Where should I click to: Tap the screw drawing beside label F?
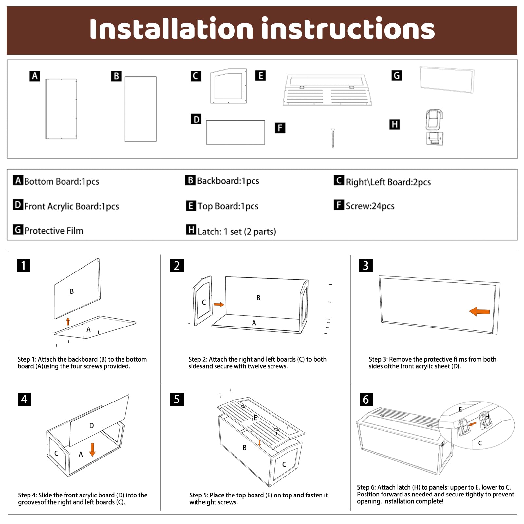pyautogui.click(x=333, y=138)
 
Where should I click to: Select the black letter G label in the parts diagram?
pyautogui.click(x=397, y=76)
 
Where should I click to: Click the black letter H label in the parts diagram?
pyautogui.click(x=395, y=124)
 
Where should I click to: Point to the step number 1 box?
pyautogui.click(x=24, y=266)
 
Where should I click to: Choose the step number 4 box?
pyautogui.click(x=24, y=399)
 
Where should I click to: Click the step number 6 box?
pyautogui.click(x=366, y=400)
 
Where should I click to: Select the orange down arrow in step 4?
pyautogui.click(x=92, y=450)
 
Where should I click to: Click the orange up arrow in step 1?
pyautogui.click(x=68, y=321)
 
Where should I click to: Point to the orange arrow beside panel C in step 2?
pyautogui.click(x=219, y=305)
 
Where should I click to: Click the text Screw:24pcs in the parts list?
pyautogui.click(x=370, y=206)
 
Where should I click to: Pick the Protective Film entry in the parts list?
pyautogui.click(x=54, y=231)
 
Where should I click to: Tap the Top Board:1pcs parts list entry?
pyautogui.click(x=228, y=206)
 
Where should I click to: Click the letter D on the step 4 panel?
pyautogui.click(x=92, y=426)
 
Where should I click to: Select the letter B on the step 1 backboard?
pyautogui.click(x=72, y=291)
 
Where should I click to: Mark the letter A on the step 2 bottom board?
pyautogui.click(x=254, y=323)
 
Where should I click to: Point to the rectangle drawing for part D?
pyautogui.click(x=235, y=132)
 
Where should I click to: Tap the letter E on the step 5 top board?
pyautogui.click(x=255, y=418)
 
